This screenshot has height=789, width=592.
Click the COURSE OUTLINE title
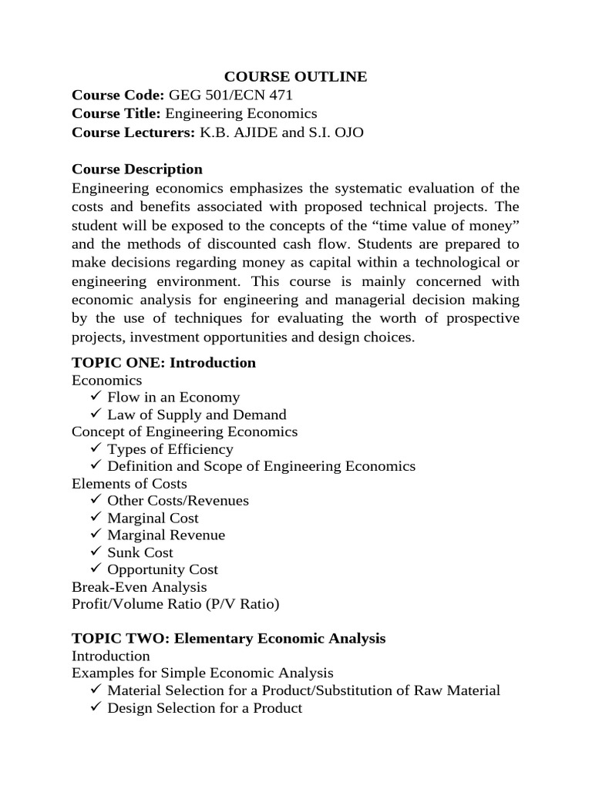coord(295,77)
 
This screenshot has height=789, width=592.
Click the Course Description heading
coord(137,169)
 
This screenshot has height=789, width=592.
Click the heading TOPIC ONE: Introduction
coord(163,362)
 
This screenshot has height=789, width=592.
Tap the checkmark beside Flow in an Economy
coord(96,397)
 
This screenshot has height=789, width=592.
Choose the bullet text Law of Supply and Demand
coord(197,415)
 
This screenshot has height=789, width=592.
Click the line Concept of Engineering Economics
coord(184,431)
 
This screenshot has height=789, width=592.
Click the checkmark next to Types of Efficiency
coord(96,448)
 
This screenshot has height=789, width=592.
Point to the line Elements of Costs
coord(129,484)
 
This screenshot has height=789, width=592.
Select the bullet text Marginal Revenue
coord(166,535)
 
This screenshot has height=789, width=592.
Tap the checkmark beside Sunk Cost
coord(96,552)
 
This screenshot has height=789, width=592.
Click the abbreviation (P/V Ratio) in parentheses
coord(243,604)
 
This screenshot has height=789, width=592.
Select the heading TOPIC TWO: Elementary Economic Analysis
coord(228,639)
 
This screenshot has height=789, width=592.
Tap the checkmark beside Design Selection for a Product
coord(96,707)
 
